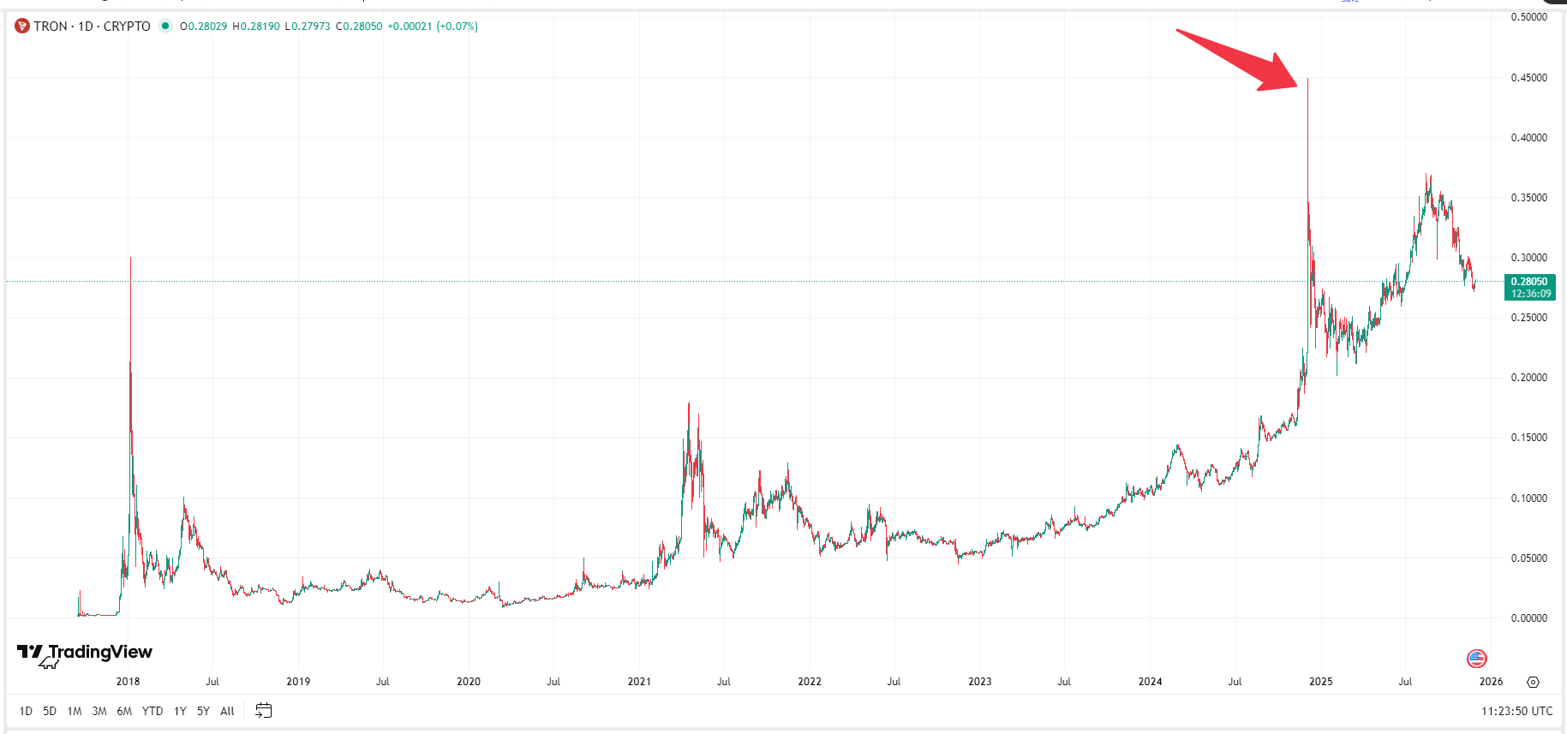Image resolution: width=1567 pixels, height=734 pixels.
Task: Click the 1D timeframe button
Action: pyautogui.click(x=26, y=711)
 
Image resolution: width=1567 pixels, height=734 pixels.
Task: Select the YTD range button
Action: pyautogui.click(x=153, y=711)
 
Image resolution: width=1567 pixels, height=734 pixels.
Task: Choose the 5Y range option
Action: pyautogui.click(x=203, y=711)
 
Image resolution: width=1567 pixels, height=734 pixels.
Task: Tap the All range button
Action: pyautogui.click(x=227, y=711)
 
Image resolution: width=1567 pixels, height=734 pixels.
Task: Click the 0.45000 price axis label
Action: pyautogui.click(x=1528, y=78)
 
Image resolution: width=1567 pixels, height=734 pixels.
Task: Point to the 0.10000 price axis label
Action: pyautogui.click(x=1528, y=498)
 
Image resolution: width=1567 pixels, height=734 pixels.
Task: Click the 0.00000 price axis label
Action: pyautogui.click(x=1528, y=618)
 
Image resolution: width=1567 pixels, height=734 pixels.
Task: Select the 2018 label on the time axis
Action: pyautogui.click(x=128, y=682)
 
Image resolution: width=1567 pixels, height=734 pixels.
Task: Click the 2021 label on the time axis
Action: pyautogui.click(x=639, y=682)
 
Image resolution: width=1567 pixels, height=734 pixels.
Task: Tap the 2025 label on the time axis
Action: pyautogui.click(x=1321, y=682)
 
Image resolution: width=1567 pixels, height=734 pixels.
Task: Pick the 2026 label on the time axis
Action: pyautogui.click(x=1491, y=682)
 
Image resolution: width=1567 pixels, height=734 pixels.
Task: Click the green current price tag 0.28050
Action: pyautogui.click(x=1529, y=287)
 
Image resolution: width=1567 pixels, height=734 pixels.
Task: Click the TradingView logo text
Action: pyautogui.click(x=100, y=653)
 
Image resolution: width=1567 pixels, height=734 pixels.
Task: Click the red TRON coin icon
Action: pyautogui.click(x=22, y=27)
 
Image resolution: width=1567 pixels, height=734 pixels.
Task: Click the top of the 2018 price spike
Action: pyautogui.click(x=130, y=258)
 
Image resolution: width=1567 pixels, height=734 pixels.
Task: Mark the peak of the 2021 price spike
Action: pyautogui.click(x=689, y=403)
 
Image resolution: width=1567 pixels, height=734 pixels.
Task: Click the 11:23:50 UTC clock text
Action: pyautogui.click(x=1516, y=711)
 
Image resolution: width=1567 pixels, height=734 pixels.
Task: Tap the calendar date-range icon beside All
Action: pyautogui.click(x=263, y=711)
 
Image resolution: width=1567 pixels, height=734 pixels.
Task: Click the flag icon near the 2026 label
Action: pyautogui.click(x=1476, y=659)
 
